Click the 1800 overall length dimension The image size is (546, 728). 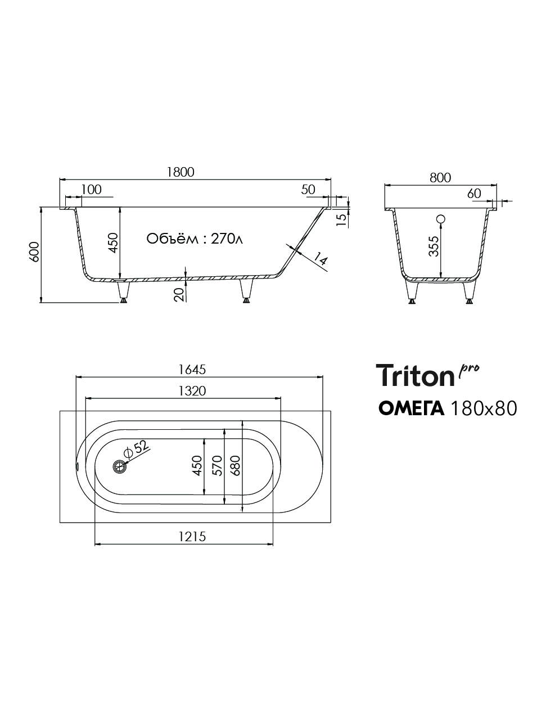(x=180, y=172)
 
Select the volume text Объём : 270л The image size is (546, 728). (x=195, y=239)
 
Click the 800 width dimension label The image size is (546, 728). (x=440, y=177)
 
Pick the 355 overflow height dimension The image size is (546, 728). (x=434, y=246)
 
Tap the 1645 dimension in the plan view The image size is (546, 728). (x=192, y=370)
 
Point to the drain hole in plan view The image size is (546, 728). (x=120, y=466)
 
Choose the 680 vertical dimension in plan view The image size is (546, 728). (x=236, y=466)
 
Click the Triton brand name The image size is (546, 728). (x=414, y=375)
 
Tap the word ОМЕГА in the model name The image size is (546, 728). (x=412, y=408)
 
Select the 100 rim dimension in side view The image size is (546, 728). (x=91, y=190)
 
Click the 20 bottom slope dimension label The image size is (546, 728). (x=179, y=294)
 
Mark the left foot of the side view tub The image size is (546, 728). (x=123, y=291)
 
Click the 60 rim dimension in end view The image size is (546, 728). (x=474, y=193)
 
